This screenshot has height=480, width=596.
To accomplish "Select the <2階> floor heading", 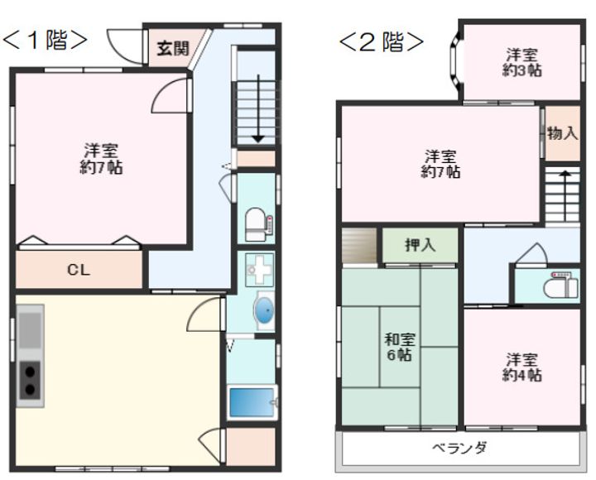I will (x=381, y=41).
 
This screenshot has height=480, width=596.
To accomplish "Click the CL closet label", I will (x=79, y=270).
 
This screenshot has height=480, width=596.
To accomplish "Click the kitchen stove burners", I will (x=31, y=380).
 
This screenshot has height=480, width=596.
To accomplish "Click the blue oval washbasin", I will (x=262, y=310).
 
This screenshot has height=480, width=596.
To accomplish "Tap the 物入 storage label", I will (x=562, y=133).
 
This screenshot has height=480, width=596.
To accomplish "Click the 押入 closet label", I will (x=420, y=245).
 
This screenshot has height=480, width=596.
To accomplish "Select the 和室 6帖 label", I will (x=400, y=347).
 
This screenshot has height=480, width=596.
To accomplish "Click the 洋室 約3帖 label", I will (x=522, y=63).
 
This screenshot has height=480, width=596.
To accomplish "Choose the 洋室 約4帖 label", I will (x=522, y=367).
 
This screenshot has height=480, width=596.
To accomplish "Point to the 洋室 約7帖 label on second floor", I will (x=440, y=164).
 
